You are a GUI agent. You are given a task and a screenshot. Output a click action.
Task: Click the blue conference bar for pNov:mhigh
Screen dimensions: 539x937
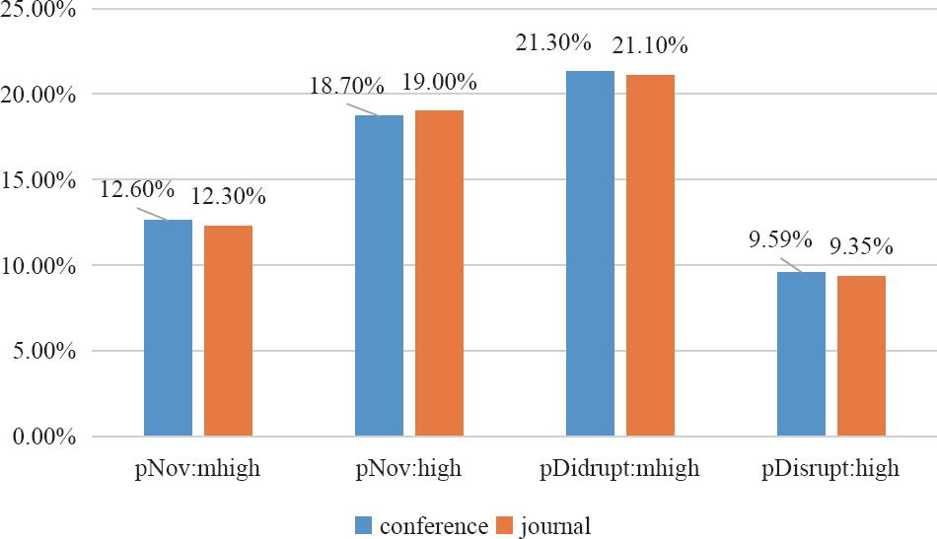click(x=168, y=327)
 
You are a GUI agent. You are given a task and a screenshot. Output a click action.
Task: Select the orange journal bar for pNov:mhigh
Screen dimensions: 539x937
click(x=228, y=330)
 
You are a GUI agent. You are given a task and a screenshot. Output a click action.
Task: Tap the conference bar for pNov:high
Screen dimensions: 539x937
click(x=379, y=275)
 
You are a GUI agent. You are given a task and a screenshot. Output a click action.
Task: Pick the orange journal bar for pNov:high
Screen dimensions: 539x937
click(x=439, y=273)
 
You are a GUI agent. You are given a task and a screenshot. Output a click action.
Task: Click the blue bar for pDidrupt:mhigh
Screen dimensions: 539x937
click(x=590, y=253)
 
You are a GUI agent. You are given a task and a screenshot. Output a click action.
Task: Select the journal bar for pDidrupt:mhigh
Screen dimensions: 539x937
click(x=650, y=255)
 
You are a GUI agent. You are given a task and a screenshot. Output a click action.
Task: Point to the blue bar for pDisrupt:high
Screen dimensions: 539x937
click(x=801, y=354)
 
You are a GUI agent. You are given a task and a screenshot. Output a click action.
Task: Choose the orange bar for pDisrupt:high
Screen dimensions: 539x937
click(x=861, y=356)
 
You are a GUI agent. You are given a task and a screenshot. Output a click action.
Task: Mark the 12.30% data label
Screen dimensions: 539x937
click(x=228, y=197)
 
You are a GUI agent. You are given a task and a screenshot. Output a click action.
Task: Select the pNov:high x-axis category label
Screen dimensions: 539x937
click(x=408, y=469)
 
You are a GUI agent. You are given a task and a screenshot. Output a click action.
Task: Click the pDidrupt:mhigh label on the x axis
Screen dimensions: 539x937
click(x=620, y=469)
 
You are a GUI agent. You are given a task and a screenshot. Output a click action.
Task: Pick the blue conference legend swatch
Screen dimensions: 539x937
click(x=364, y=523)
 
